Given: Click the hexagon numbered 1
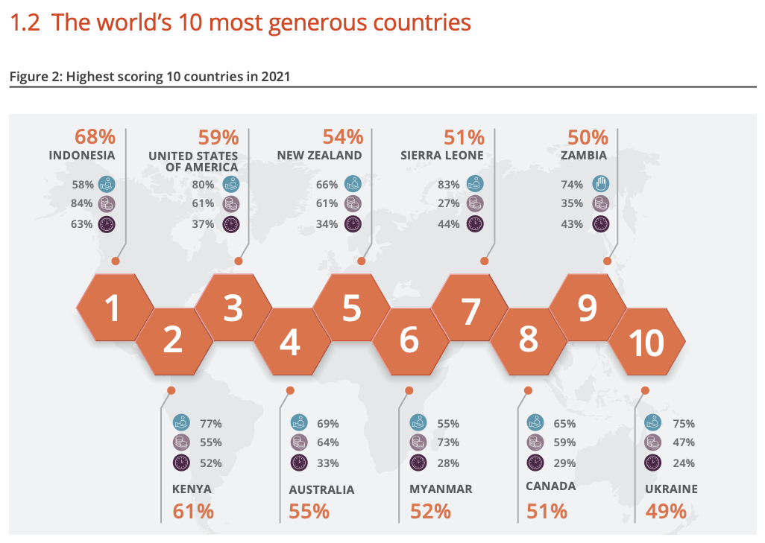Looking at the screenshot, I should pos(113,308).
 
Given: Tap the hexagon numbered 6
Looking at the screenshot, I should pos(409,340).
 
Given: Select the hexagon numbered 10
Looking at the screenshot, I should pos(646,343).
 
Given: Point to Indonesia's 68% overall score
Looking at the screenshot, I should pos(95,137).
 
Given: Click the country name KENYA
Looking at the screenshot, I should pos(192,489).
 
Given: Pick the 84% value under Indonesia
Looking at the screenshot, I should pos(82,203).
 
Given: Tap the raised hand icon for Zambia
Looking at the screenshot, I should pos(601,183).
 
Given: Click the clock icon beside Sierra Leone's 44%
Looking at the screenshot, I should pos(475,223).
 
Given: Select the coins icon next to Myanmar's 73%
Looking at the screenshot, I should pos(418,442).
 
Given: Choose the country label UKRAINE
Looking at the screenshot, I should pos(671,489).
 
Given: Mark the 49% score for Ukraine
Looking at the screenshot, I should pos(665,511).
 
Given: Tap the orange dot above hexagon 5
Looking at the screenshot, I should pos(362,261).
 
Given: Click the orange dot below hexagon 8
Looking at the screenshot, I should pos(528,390).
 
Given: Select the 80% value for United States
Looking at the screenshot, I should pos(203,183).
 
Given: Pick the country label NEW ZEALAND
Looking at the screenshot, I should pos(319,156).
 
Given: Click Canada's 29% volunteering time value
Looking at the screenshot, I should pos(566,463).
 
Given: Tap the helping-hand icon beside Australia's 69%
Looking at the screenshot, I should pos(300,422).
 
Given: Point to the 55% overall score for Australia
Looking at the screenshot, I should pos(309,511).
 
